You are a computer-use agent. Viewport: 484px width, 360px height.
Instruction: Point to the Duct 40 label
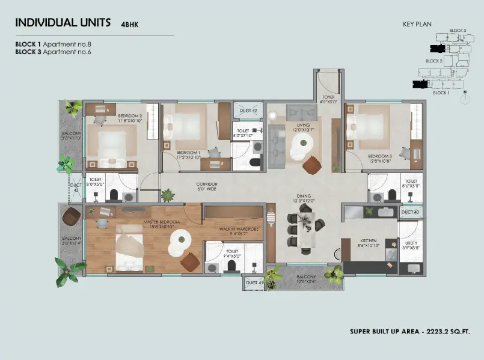410,212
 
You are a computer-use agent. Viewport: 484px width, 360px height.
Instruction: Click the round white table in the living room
304,143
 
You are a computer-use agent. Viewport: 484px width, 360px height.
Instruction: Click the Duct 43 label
75,188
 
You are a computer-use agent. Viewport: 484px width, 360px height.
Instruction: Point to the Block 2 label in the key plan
434,61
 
